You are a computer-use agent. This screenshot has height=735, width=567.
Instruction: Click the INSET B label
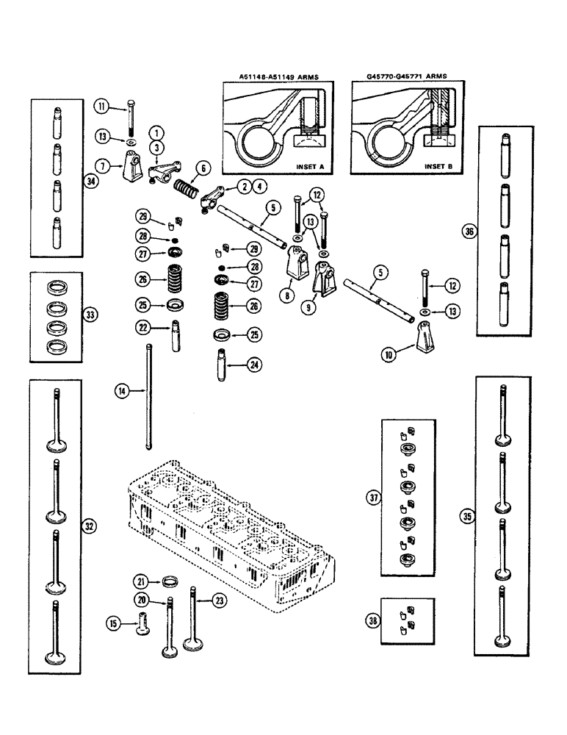tap(438, 166)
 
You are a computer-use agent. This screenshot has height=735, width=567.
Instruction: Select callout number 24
tap(254, 362)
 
